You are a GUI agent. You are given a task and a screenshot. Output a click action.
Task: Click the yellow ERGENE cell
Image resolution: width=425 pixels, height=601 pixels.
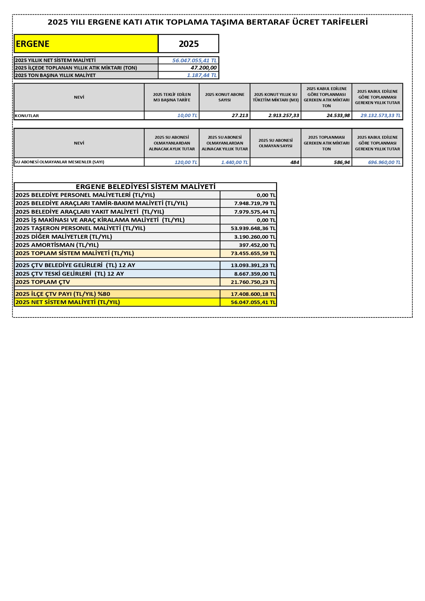pos(86,44)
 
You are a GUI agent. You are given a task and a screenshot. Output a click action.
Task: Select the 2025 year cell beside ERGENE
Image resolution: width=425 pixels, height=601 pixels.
pos(188,44)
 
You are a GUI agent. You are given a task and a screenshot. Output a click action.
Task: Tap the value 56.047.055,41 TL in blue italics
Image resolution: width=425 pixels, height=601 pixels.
pos(194,61)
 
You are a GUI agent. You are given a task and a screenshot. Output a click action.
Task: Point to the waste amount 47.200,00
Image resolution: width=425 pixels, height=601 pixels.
pos(203,68)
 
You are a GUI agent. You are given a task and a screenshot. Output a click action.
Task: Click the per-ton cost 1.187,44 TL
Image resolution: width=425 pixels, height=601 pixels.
pos(202,75)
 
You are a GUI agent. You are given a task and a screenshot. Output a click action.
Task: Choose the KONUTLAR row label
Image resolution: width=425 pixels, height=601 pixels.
pos(27,116)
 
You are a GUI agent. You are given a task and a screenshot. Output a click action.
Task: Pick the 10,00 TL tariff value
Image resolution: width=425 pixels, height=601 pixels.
pos(187,116)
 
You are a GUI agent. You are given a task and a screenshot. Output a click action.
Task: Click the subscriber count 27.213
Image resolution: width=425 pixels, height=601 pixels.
pos(240,116)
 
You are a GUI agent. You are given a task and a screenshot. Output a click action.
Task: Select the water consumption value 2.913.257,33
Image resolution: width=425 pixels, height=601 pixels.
pos(284,116)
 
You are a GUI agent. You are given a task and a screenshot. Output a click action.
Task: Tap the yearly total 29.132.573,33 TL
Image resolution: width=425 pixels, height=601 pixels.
pos(380,116)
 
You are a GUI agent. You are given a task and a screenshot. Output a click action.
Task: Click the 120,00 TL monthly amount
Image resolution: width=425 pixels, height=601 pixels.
pos(186,162)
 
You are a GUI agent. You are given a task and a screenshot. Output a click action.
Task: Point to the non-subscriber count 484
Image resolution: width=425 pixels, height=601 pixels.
pos(295,162)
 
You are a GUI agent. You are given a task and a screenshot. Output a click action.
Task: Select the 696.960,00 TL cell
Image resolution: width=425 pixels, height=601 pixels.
pos(384,162)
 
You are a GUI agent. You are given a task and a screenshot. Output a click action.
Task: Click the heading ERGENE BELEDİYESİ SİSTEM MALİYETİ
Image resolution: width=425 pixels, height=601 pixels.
pos(146,187)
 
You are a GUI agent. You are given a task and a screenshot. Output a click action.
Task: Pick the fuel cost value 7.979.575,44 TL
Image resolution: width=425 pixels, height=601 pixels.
pos(254,212)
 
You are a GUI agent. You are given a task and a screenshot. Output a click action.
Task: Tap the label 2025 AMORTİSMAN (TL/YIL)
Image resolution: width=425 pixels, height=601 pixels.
pos(57,245)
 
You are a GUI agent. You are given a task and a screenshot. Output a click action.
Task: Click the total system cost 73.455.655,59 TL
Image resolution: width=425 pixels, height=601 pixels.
pos(253,254)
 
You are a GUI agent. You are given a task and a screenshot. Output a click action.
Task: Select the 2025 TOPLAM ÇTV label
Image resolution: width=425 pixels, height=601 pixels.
pos(43,282)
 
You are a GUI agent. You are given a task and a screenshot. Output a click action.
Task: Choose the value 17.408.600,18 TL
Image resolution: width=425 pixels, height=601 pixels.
pos(253,294)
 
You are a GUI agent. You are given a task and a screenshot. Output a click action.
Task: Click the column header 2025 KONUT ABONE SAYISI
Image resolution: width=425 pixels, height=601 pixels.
pos(225,97)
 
